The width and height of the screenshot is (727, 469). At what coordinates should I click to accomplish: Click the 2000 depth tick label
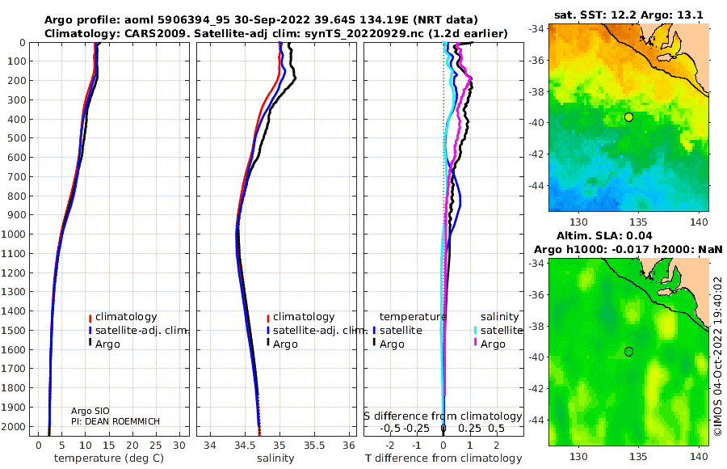pos(13,426)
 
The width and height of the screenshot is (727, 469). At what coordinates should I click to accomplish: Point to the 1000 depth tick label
pos(13,234)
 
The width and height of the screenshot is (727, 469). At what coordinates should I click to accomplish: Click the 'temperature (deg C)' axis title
pos(109,458)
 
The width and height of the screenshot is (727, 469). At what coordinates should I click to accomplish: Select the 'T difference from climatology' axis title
pos(443,458)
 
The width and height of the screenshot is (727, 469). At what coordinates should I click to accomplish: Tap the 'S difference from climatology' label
pos(443,416)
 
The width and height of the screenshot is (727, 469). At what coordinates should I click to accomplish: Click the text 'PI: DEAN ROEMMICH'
pos(115,421)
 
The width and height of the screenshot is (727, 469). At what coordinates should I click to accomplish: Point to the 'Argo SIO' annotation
pos(90,411)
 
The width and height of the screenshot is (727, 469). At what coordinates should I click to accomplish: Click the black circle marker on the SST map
pos(628,117)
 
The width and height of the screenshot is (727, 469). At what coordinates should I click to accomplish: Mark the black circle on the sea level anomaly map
pos(628,352)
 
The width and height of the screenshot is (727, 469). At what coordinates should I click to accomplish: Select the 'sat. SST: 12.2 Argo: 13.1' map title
pos(628,15)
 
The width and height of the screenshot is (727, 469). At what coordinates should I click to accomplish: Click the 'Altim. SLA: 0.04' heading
pos(604,235)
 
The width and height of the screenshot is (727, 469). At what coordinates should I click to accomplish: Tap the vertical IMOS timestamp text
pos(718,356)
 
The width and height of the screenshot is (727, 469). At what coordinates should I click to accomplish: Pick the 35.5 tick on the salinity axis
pos(314,446)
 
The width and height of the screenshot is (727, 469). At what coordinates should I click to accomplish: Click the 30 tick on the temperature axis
pos(179,446)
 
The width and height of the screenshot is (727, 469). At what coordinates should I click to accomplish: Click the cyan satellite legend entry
pos(498,330)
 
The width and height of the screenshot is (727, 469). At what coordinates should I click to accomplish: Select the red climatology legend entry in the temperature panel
pos(123,317)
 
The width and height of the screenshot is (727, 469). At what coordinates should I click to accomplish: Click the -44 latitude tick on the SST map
pos(537,185)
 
